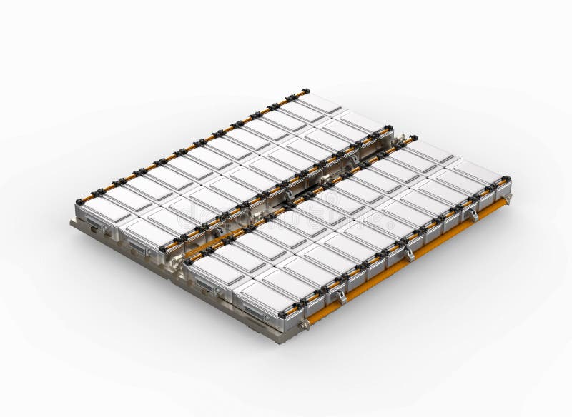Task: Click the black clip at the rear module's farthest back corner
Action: pyautogui.click(x=305, y=91)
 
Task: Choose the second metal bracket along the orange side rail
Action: pyautogui.click(x=408, y=253)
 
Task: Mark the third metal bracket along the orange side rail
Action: pyautogui.click(x=472, y=214)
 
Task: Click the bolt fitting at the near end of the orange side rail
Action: pyautogui.click(x=304, y=325)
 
